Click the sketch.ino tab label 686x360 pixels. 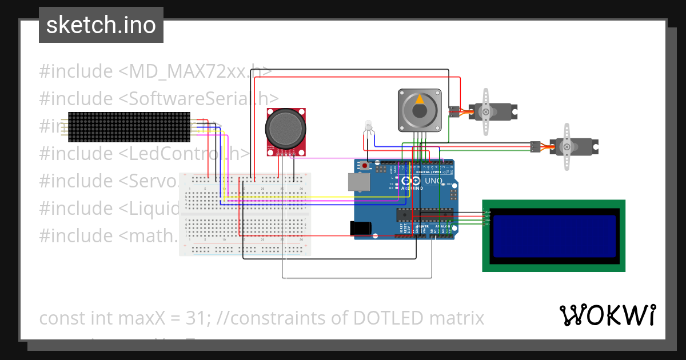coord(101,25)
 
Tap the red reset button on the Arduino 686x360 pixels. coord(365,166)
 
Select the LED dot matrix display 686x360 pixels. coord(129,127)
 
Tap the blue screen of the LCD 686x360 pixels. coord(554,236)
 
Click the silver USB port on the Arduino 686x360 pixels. coord(358,181)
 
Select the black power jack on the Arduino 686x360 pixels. coord(361,228)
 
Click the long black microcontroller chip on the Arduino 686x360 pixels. coord(425,214)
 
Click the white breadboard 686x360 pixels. coord(245,214)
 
